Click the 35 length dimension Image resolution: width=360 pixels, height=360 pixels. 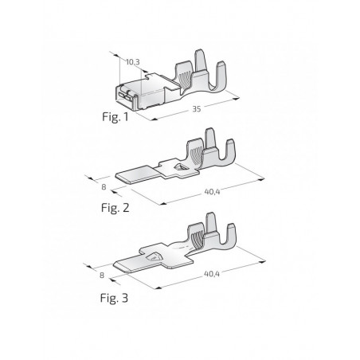[197, 111]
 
